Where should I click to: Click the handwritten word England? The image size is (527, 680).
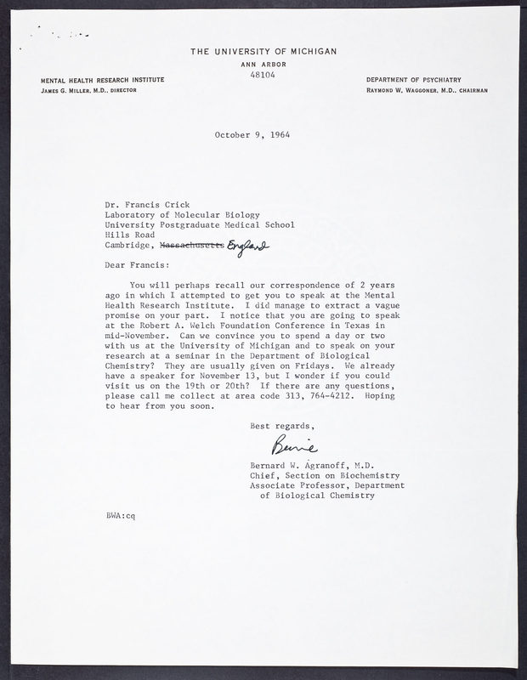[x=249, y=246]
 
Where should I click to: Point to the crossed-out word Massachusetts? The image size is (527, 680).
[x=195, y=246]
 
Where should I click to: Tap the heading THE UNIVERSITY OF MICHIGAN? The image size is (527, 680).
[x=263, y=51]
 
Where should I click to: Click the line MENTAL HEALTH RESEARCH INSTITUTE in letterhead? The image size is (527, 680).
[x=102, y=79]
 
